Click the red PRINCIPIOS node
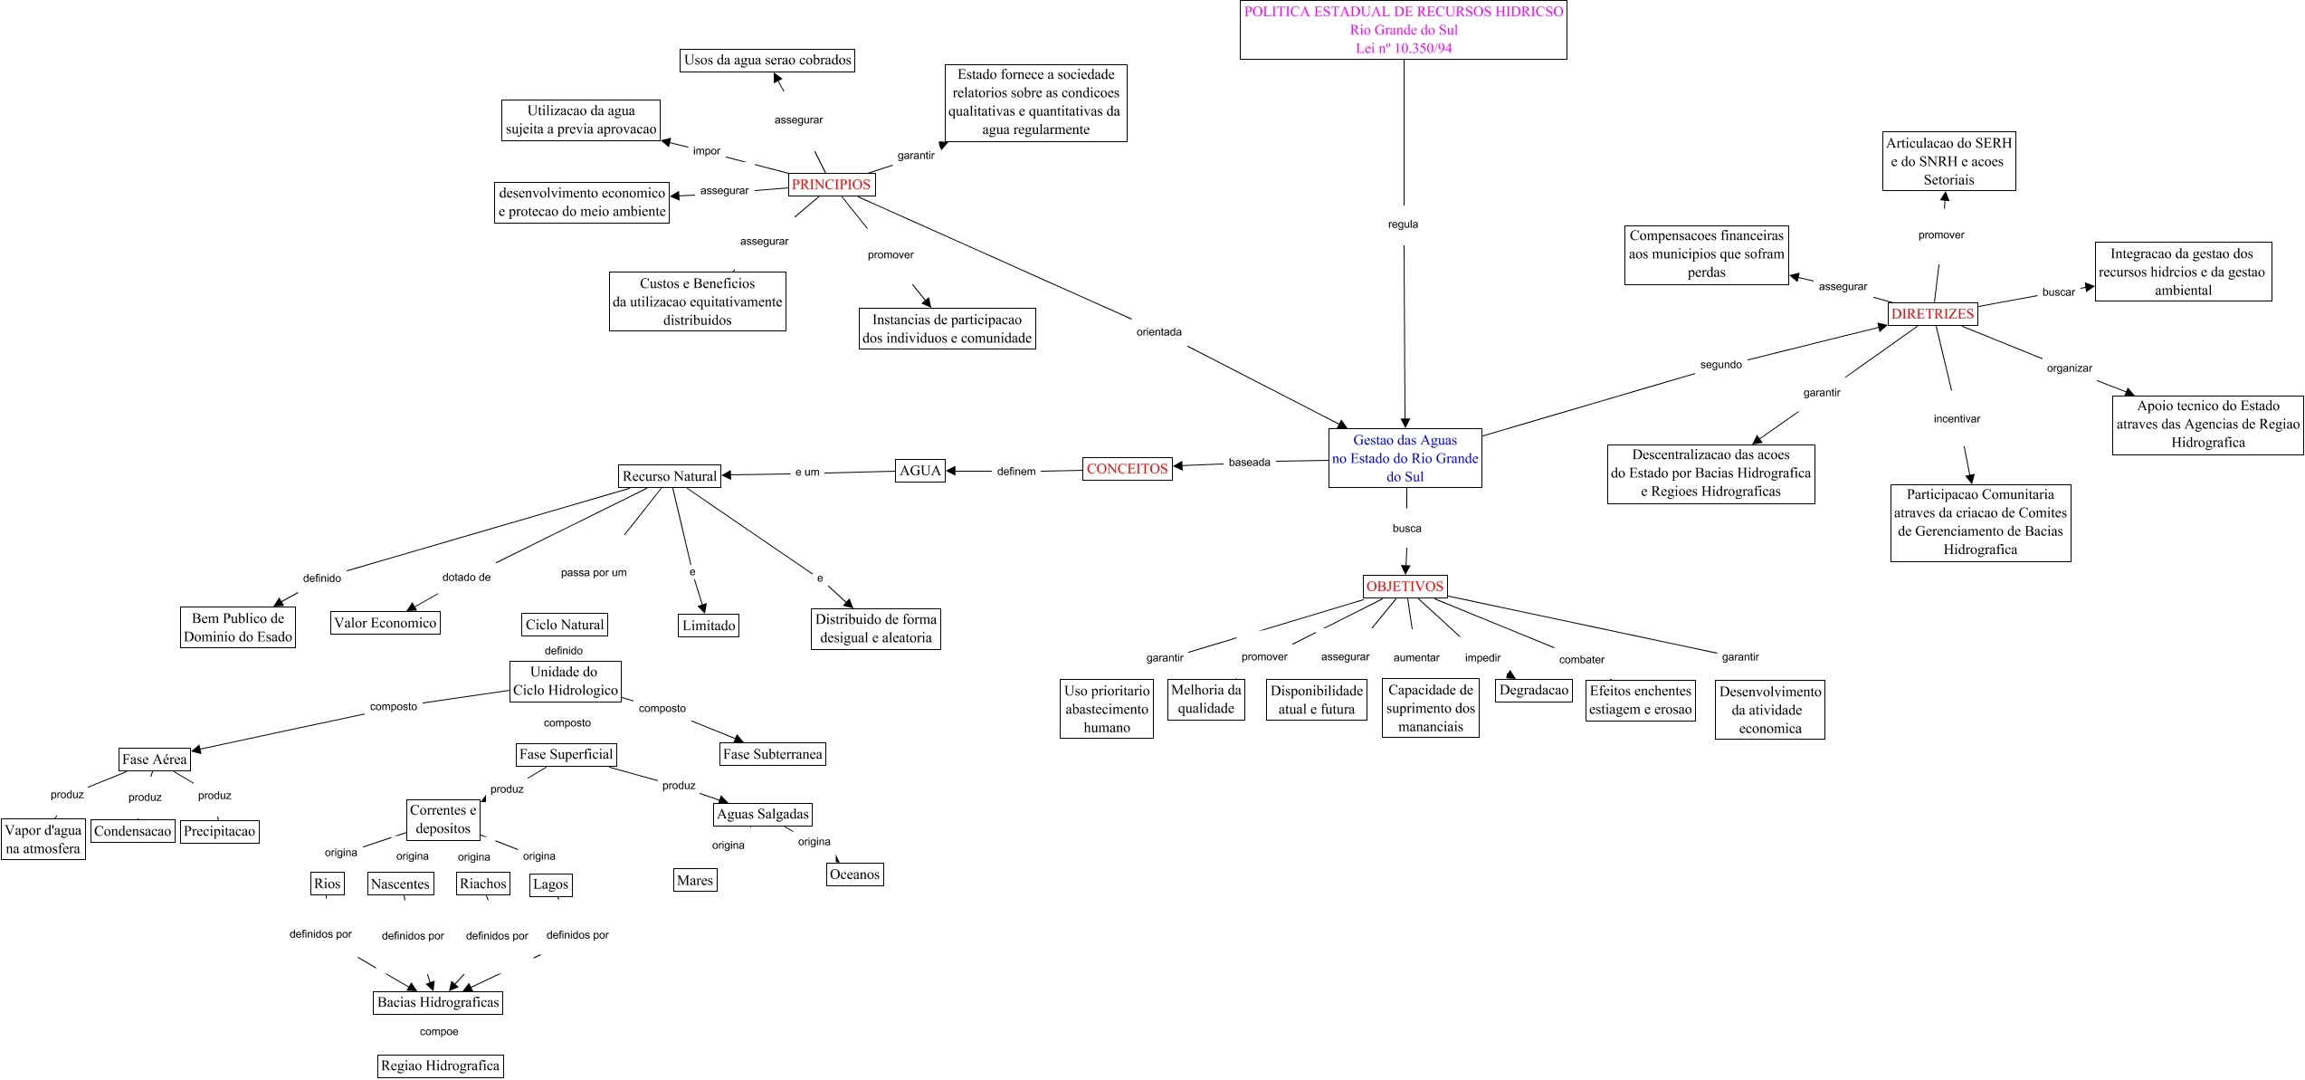point(831,185)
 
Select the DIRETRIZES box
point(1932,314)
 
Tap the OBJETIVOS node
point(1405,587)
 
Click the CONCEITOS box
point(1127,469)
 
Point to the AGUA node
point(920,471)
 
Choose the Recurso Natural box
point(670,476)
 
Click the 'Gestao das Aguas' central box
point(1405,458)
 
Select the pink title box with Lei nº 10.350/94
point(1403,30)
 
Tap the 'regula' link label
point(1403,225)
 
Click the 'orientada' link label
point(1159,332)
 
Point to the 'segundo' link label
point(1720,365)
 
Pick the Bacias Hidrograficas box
point(438,1002)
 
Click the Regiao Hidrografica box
point(440,1066)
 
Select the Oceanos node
point(854,875)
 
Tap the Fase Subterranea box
point(772,754)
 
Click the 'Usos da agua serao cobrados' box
point(767,61)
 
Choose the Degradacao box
point(1533,690)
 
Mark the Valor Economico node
point(385,623)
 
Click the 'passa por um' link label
point(594,573)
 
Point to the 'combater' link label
point(1581,660)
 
